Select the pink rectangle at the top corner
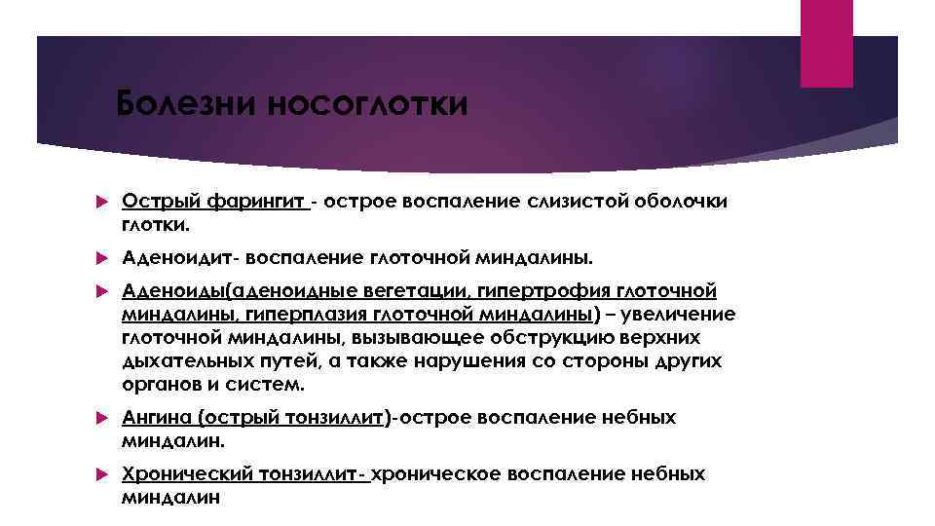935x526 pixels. pyautogui.click(x=826, y=43)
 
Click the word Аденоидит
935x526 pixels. pyautogui.click(x=180, y=258)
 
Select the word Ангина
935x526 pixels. pyautogui.click(x=157, y=418)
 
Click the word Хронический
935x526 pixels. pyautogui.click(x=184, y=474)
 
